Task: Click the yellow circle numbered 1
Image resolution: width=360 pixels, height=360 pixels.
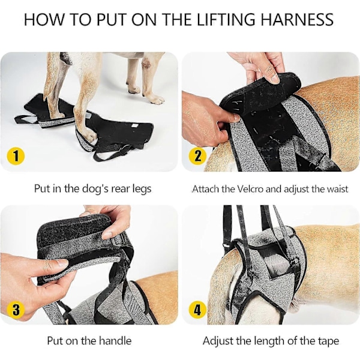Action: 16,156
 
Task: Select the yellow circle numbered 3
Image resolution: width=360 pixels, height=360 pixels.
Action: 16,309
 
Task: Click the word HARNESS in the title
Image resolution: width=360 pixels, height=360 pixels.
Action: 297,20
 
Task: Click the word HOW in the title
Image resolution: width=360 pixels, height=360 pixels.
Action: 44,20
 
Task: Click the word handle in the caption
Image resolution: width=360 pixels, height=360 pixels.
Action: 115,340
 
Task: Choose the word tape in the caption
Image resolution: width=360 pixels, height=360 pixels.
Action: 329,341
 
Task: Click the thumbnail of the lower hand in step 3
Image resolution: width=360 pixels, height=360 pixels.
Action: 60,263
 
